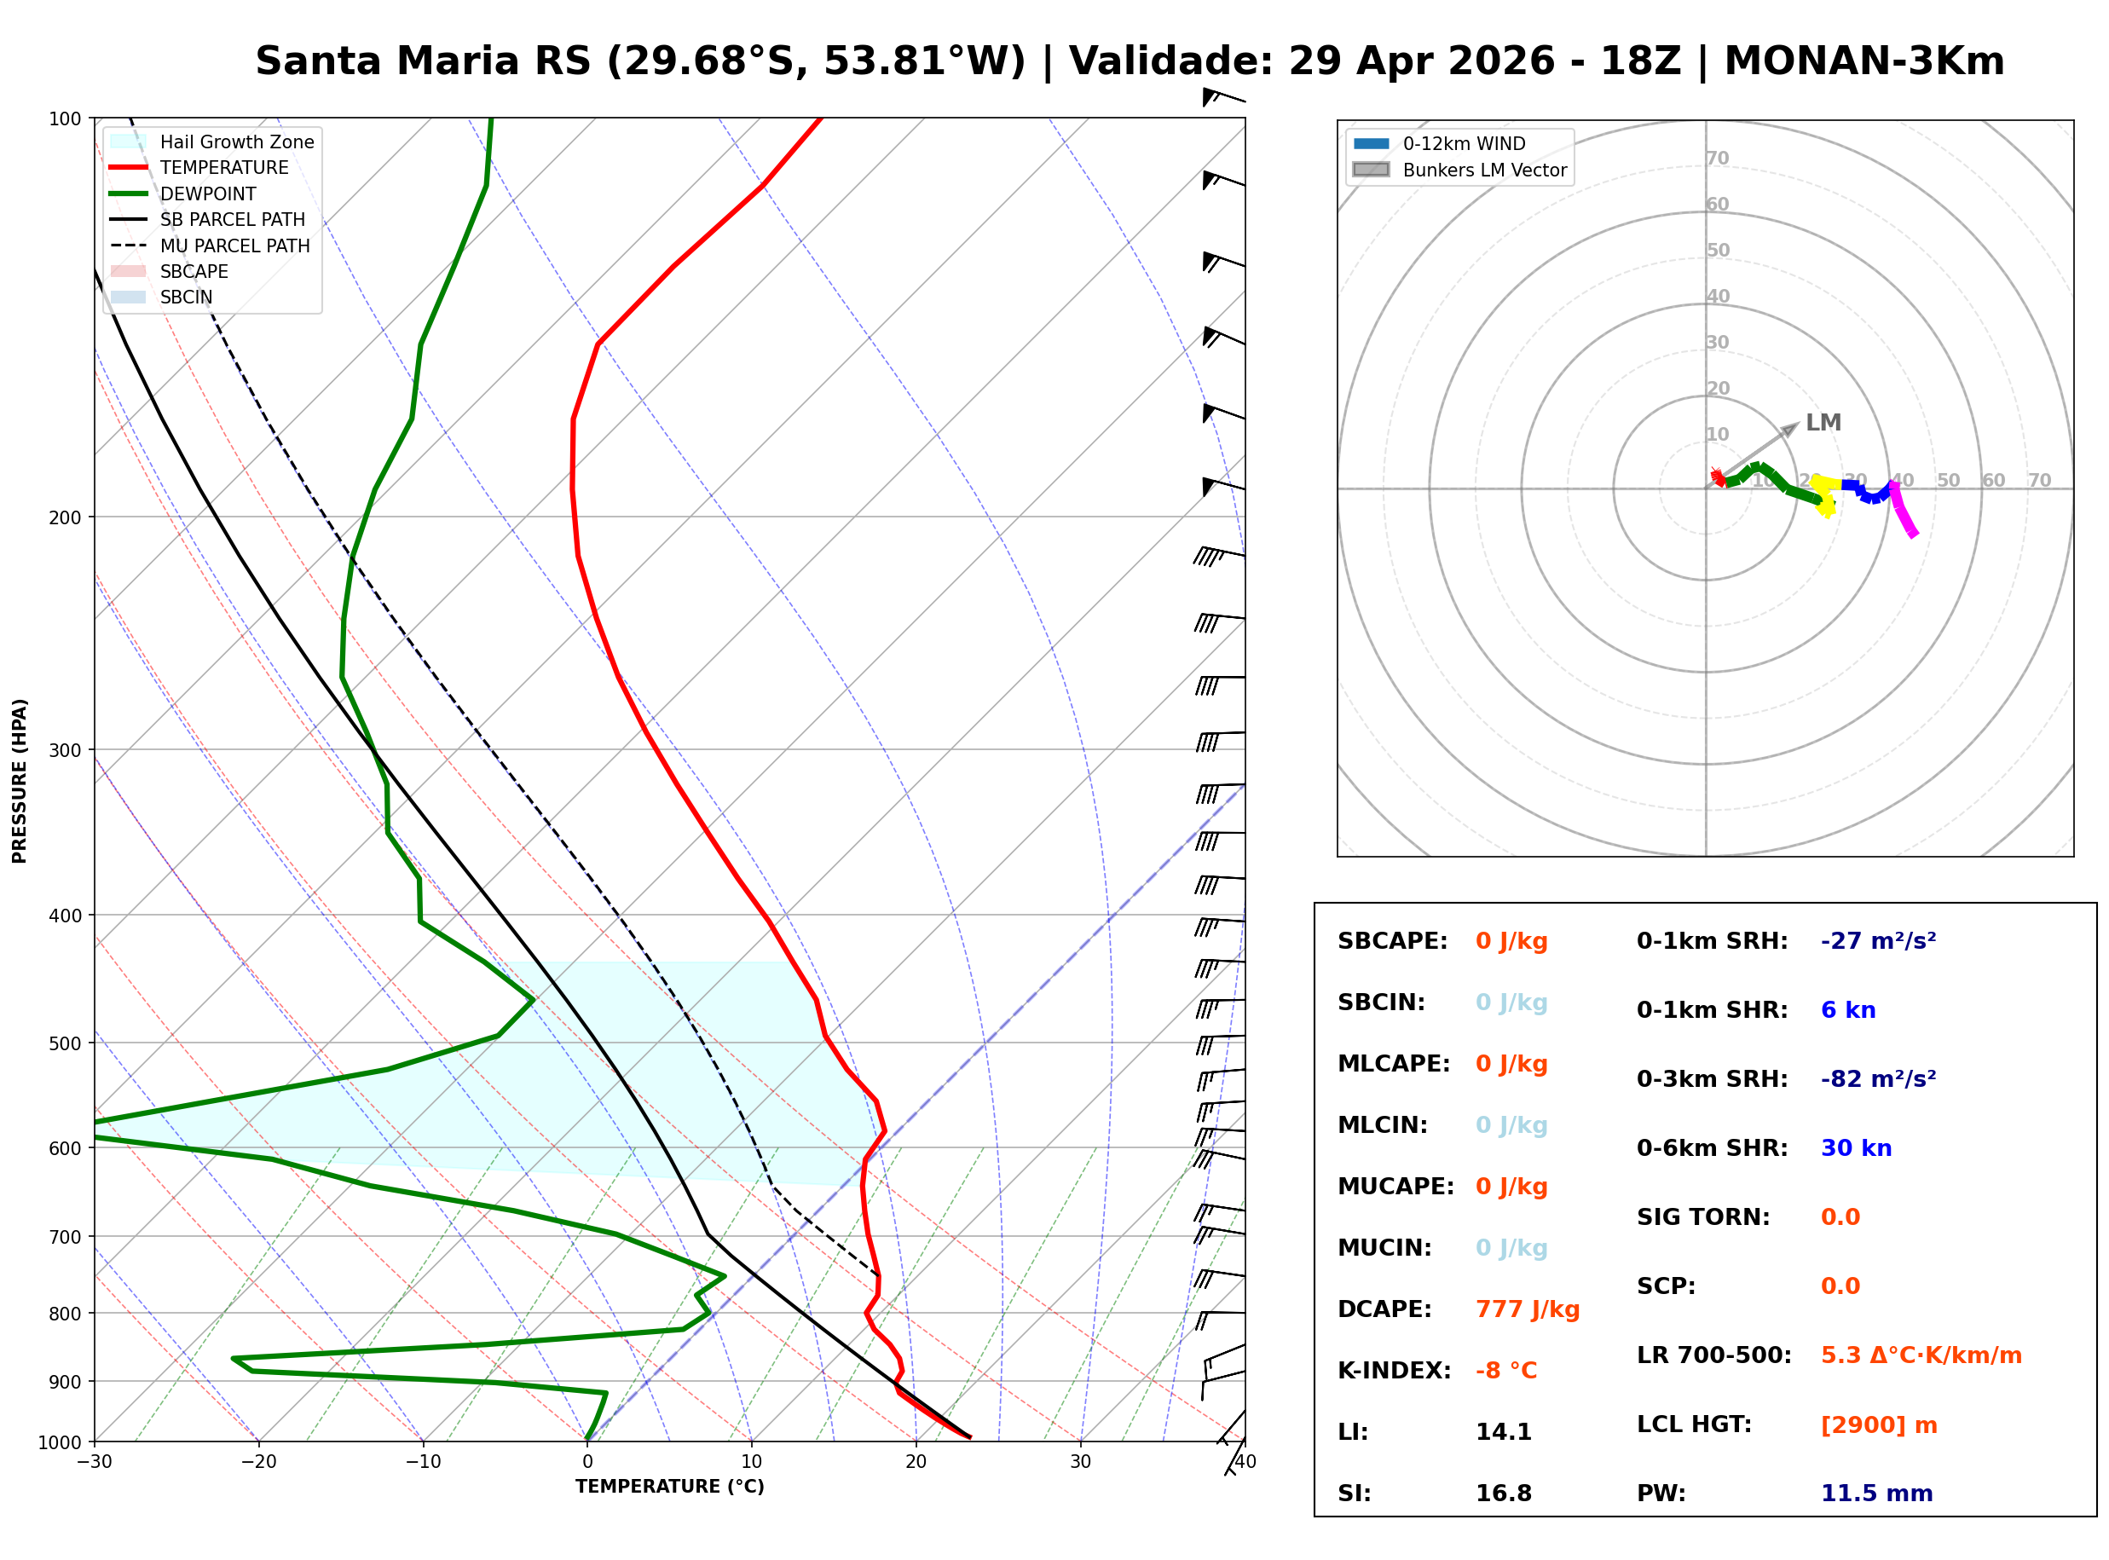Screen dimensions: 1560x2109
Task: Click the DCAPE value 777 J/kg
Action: (1527, 1309)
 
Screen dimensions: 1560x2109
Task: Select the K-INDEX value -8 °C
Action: (1505, 1370)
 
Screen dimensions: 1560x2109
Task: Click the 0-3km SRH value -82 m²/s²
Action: (1878, 1078)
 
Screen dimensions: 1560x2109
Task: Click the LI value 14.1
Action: (1503, 1431)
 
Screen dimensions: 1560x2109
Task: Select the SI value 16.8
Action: (1503, 1493)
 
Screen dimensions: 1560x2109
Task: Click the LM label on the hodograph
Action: (1822, 422)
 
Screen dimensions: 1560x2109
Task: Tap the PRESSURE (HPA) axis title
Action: (20, 780)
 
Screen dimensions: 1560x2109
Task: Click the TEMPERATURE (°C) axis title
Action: (669, 1487)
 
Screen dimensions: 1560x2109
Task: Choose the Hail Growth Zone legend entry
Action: (236, 142)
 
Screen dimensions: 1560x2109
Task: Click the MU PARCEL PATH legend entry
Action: (234, 246)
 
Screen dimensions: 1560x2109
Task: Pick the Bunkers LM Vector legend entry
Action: (1483, 170)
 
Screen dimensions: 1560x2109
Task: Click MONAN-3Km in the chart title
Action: (1863, 61)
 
